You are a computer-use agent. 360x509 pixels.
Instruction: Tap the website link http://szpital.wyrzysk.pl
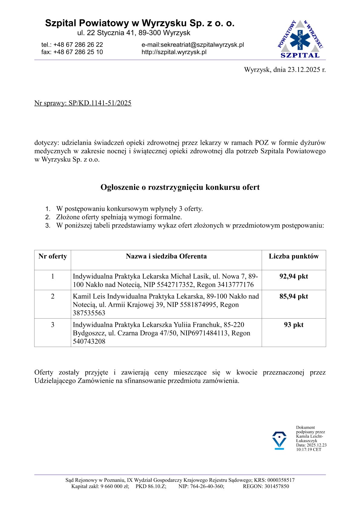point(174,52)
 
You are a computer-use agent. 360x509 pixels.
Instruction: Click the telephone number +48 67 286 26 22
point(78,45)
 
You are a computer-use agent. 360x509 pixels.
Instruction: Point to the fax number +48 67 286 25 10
point(78,52)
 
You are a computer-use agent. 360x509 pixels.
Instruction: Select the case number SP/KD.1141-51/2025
point(100,103)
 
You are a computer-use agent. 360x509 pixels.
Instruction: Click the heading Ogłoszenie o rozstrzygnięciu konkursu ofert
point(180,187)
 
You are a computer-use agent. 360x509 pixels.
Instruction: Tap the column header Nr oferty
point(53,256)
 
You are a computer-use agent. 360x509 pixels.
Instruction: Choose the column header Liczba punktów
point(293,256)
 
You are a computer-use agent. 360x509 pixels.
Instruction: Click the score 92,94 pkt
point(293,276)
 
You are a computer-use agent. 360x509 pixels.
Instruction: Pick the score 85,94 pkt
point(293,296)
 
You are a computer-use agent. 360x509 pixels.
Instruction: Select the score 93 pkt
point(293,325)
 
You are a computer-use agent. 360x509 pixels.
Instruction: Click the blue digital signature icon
point(279,440)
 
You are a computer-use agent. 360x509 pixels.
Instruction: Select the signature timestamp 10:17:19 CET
point(309,449)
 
